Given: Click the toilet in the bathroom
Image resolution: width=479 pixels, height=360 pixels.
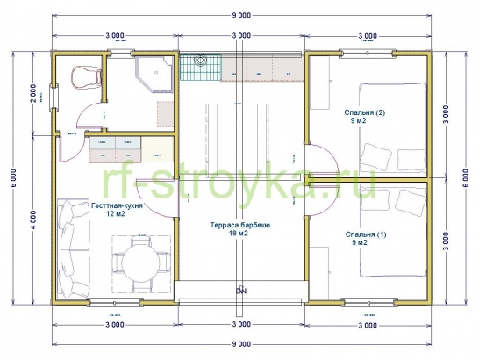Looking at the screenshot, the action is (87, 76).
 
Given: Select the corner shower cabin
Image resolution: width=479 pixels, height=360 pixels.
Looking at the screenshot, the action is (155, 75).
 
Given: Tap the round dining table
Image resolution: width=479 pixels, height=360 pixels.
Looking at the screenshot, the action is (141, 263).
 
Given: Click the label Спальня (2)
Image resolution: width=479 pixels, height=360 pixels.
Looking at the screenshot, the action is (364, 112).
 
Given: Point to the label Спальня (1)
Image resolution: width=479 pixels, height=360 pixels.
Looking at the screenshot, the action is (366, 234).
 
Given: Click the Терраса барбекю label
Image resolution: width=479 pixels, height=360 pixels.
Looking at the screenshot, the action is (240, 226).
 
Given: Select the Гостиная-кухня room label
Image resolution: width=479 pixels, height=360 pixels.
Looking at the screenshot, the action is (117, 205).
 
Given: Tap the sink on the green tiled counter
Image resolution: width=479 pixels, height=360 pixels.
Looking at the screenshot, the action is (200, 60).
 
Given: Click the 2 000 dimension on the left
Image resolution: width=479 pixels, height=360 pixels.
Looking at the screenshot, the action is (33, 93).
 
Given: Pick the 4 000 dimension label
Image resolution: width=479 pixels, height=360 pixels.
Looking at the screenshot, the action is (33, 220).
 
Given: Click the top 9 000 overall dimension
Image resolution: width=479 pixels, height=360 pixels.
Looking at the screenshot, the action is (241, 15).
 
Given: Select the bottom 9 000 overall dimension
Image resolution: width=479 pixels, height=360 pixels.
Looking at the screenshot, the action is (241, 344).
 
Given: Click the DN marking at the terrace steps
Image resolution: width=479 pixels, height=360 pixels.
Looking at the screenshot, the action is (241, 291).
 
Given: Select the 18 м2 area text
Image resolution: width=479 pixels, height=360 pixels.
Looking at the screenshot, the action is (239, 234).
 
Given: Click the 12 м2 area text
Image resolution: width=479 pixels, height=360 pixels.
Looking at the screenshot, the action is (116, 213).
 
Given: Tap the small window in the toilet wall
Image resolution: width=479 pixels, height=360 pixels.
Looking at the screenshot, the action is (54, 97).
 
